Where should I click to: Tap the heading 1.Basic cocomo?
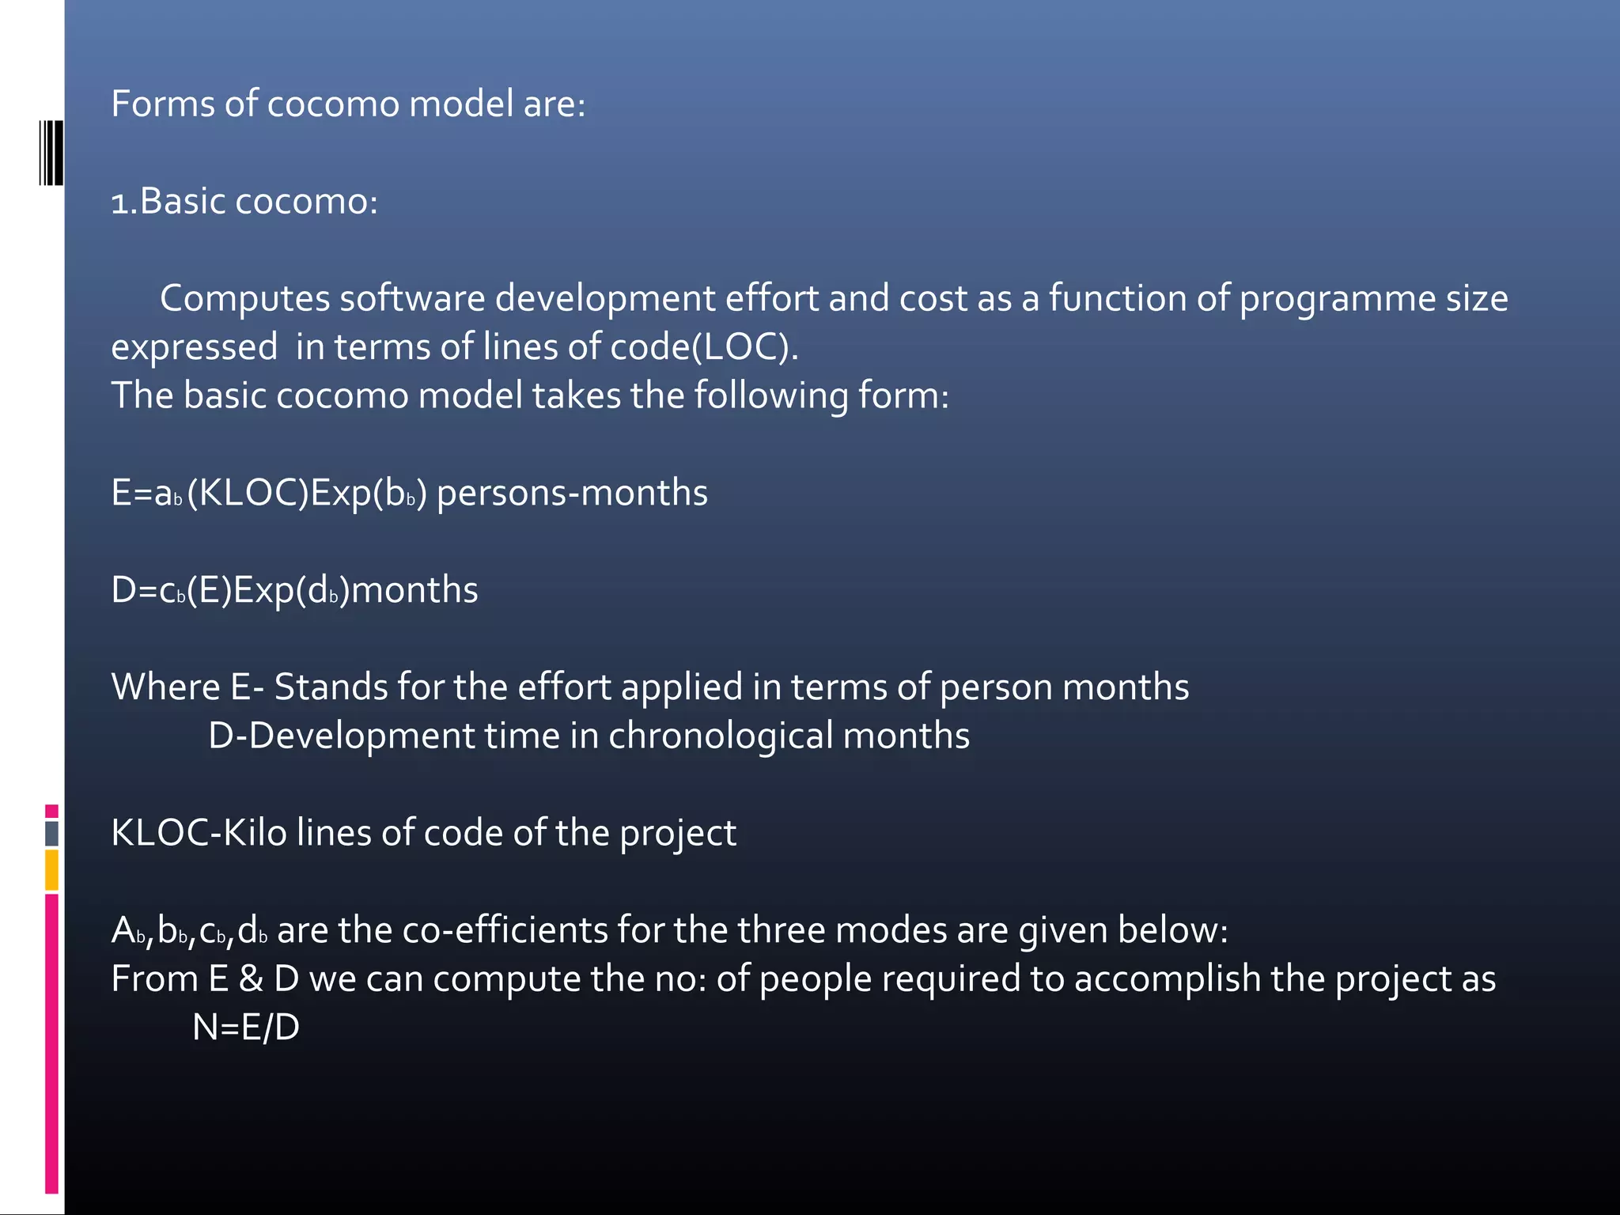[244, 201]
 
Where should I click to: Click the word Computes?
[244, 298]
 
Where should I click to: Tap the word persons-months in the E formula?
[572, 493]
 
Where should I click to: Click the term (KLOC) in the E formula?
[248, 493]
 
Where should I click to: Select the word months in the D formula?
[414, 590]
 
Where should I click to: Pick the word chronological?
[720, 736]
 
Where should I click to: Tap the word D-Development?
[341, 736]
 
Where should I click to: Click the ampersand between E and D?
[251, 979]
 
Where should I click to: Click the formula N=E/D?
[246, 1028]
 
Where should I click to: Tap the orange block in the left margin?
[51, 869]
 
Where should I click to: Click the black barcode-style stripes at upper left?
[51, 153]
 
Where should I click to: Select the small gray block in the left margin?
[51, 833]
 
